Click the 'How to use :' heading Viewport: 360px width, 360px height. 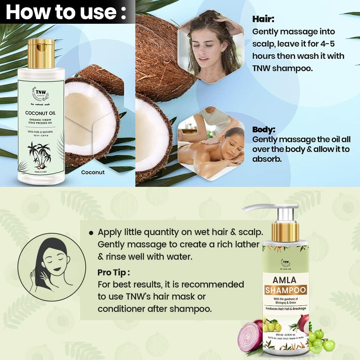pyautogui.click(x=66, y=12)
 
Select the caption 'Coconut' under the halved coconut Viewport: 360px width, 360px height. pyautogui.click(x=93, y=172)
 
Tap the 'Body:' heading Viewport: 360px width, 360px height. pyautogui.click(x=264, y=130)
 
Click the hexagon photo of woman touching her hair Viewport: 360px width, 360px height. pyautogui.click(x=211, y=47)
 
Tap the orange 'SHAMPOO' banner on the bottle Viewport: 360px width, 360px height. pyautogui.click(x=285, y=290)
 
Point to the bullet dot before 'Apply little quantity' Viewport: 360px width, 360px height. pyautogui.click(x=91, y=233)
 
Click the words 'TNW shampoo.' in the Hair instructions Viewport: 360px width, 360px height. pyautogui.click(x=279, y=68)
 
